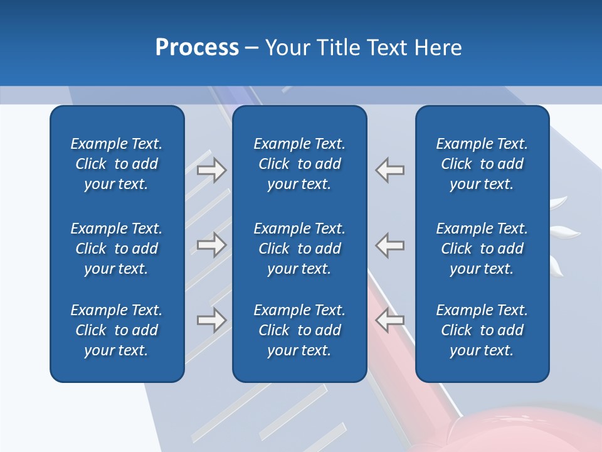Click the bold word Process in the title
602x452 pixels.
(197, 48)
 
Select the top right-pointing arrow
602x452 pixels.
(211, 170)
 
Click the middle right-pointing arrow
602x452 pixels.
(211, 245)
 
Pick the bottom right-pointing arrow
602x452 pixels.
(211, 320)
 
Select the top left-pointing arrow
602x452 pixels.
(390, 170)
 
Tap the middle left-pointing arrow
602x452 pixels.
(390, 245)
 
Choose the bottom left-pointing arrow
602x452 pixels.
(390, 320)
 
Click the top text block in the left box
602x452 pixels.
(117, 164)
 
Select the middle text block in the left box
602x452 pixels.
(117, 249)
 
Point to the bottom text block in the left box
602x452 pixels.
(117, 330)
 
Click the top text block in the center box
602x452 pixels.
(300, 164)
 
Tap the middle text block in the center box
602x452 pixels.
(300, 249)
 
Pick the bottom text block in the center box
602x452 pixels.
(300, 330)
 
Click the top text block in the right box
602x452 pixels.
(482, 164)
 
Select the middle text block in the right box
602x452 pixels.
(482, 249)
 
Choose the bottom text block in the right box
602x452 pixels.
(482, 330)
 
